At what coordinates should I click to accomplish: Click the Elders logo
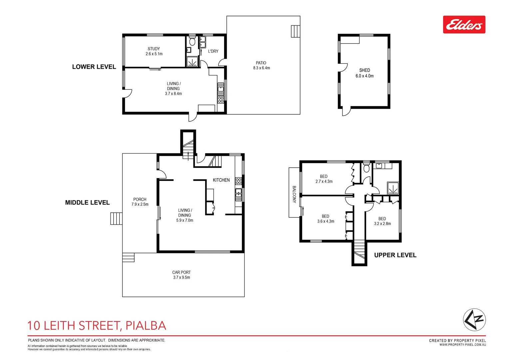click(x=464, y=24)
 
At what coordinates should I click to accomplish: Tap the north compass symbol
click(x=474, y=320)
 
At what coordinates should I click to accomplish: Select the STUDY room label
click(x=154, y=49)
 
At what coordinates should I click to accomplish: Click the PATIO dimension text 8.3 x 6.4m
click(x=261, y=68)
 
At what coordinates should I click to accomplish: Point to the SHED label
click(x=364, y=70)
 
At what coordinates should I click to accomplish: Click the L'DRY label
click(x=213, y=51)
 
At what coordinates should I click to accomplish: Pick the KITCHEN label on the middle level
click(x=221, y=180)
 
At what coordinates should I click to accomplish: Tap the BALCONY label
click(x=294, y=194)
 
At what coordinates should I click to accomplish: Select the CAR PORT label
click(x=181, y=272)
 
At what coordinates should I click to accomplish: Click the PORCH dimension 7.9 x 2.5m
click(x=140, y=204)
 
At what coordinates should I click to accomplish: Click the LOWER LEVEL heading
click(x=94, y=67)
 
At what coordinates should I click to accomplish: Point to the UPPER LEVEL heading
click(x=395, y=255)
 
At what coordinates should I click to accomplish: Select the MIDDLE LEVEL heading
click(x=87, y=202)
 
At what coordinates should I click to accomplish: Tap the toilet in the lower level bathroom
click(x=192, y=42)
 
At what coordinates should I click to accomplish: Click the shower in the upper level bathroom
click(x=393, y=188)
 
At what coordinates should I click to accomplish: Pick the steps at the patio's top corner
click(x=295, y=31)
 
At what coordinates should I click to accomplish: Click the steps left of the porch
click(x=116, y=219)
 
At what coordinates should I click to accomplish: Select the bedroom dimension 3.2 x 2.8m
click(x=382, y=224)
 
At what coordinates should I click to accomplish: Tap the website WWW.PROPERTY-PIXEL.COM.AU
click(x=462, y=345)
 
